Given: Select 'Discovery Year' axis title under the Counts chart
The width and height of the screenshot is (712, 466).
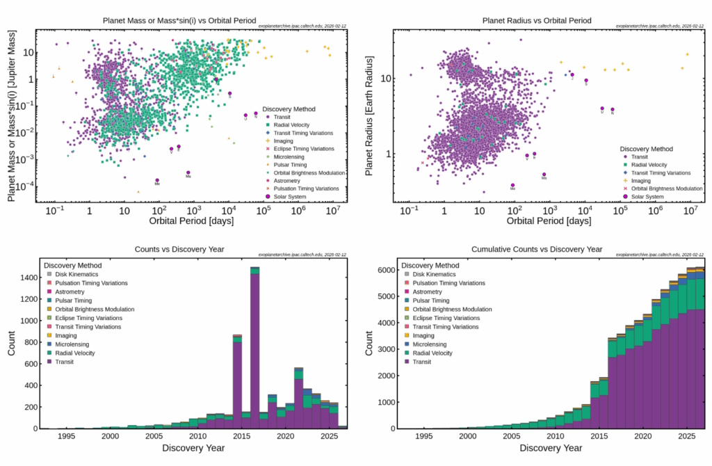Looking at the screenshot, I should click(x=192, y=449).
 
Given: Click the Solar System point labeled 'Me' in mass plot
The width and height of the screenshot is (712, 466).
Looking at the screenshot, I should click(x=157, y=180).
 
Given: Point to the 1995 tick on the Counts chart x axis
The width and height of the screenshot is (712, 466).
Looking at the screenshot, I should click(x=66, y=437).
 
